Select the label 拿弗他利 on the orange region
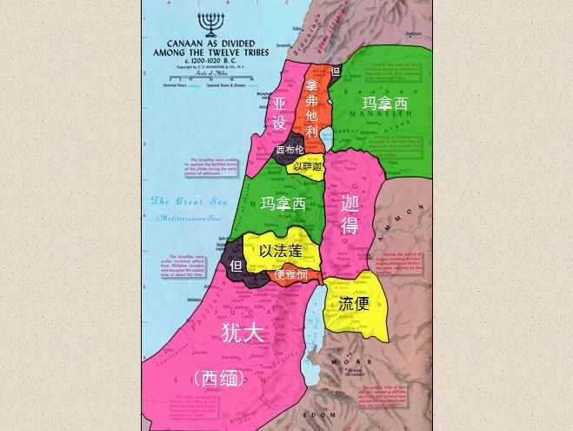click(x=311, y=110)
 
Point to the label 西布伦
click(x=290, y=150)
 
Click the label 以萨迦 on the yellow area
click(x=308, y=166)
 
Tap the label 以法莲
click(x=281, y=250)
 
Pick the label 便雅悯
click(x=290, y=275)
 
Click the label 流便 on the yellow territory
click(x=354, y=304)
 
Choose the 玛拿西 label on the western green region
click(x=283, y=204)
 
